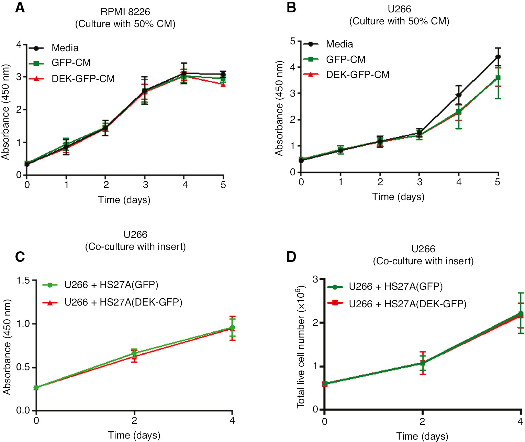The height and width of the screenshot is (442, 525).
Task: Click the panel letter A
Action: [20, 8]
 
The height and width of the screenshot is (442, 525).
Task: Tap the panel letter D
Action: [291, 257]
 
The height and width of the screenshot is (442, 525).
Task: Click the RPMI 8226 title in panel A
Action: [125, 12]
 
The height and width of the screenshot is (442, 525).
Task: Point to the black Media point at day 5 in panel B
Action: [498, 57]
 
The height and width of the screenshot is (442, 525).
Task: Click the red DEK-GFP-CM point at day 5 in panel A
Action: [223, 84]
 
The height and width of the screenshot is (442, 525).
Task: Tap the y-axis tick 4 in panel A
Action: [19, 44]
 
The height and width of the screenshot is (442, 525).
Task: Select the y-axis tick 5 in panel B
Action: [293, 41]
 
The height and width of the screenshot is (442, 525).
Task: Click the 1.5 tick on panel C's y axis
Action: [23, 280]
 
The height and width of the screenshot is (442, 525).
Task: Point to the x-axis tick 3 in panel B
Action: [420, 182]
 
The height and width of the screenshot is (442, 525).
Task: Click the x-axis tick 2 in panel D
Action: [422, 421]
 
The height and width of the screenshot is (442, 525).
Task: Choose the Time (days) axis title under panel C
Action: [134, 435]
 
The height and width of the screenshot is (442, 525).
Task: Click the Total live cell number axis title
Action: [300, 347]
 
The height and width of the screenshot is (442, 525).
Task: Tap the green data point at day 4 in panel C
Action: [232, 328]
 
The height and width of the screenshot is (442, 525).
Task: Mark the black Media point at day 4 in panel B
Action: [459, 95]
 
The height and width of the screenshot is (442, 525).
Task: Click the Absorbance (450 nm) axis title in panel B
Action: [279, 108]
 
